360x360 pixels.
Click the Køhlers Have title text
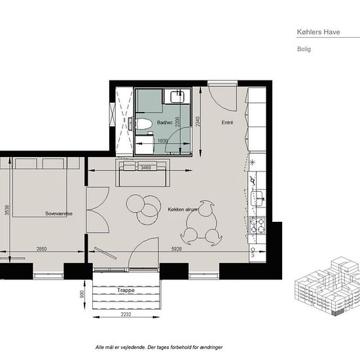[x=319, y=32]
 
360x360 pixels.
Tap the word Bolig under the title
[x=304, y=49]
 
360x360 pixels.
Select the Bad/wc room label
[x=165, y=122]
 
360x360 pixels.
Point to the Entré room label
[x=227, y=122]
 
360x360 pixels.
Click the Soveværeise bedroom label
[x=59, y=214]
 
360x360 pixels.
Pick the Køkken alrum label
[x=183, y=209]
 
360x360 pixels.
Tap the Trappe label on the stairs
[x=126, y=290]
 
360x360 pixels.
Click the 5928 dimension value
[x=176, y=249]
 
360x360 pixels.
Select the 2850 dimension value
[x=41, y=249]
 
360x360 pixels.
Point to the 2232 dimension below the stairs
[x=126, y=314]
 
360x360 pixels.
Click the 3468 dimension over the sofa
[x=146, y=168]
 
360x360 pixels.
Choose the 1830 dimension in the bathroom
[x=162, y=141]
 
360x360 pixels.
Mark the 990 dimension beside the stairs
[x=82, y=294]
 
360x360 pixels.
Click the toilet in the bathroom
[x=144, y=124]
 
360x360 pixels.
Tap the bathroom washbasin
[x=177, y=96]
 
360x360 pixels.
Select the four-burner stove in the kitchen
[x=257, y=225]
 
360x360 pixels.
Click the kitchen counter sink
[x=257, y=198]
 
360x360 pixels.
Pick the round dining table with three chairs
[x=202, y=223]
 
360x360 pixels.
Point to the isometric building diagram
[x=327, y=287]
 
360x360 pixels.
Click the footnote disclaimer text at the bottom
[x=159, y=347]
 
